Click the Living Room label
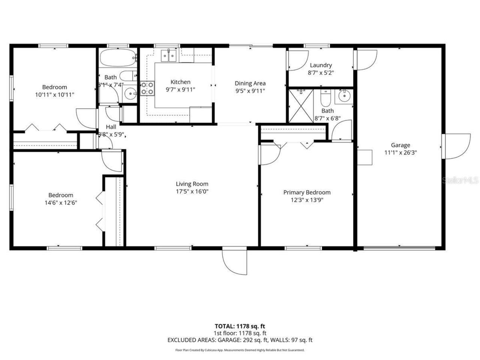click(x=192, y=184)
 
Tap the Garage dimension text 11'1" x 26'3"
click(x=400, y=153)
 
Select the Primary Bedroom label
click(x=307, y=192)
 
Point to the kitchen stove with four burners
click(x=147, y=88)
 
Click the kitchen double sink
click(x=168, y=56)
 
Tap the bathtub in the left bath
click(x=117, y=57)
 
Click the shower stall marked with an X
click(x=300, y=106)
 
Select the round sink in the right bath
click(x=344, y=96)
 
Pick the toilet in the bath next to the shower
click(x=325, y=99)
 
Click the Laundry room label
click(x=321, y=65)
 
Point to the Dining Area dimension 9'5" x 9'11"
click(x=250, y=90)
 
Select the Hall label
click(x=111, y=127)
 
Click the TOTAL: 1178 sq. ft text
click(x=240, y=326)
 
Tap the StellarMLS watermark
click(x=460, y=180)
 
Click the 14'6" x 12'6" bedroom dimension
click(x=61, y=202)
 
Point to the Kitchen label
click(x=180, y=82)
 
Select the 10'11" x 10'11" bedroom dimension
click(x=55, y=95)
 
